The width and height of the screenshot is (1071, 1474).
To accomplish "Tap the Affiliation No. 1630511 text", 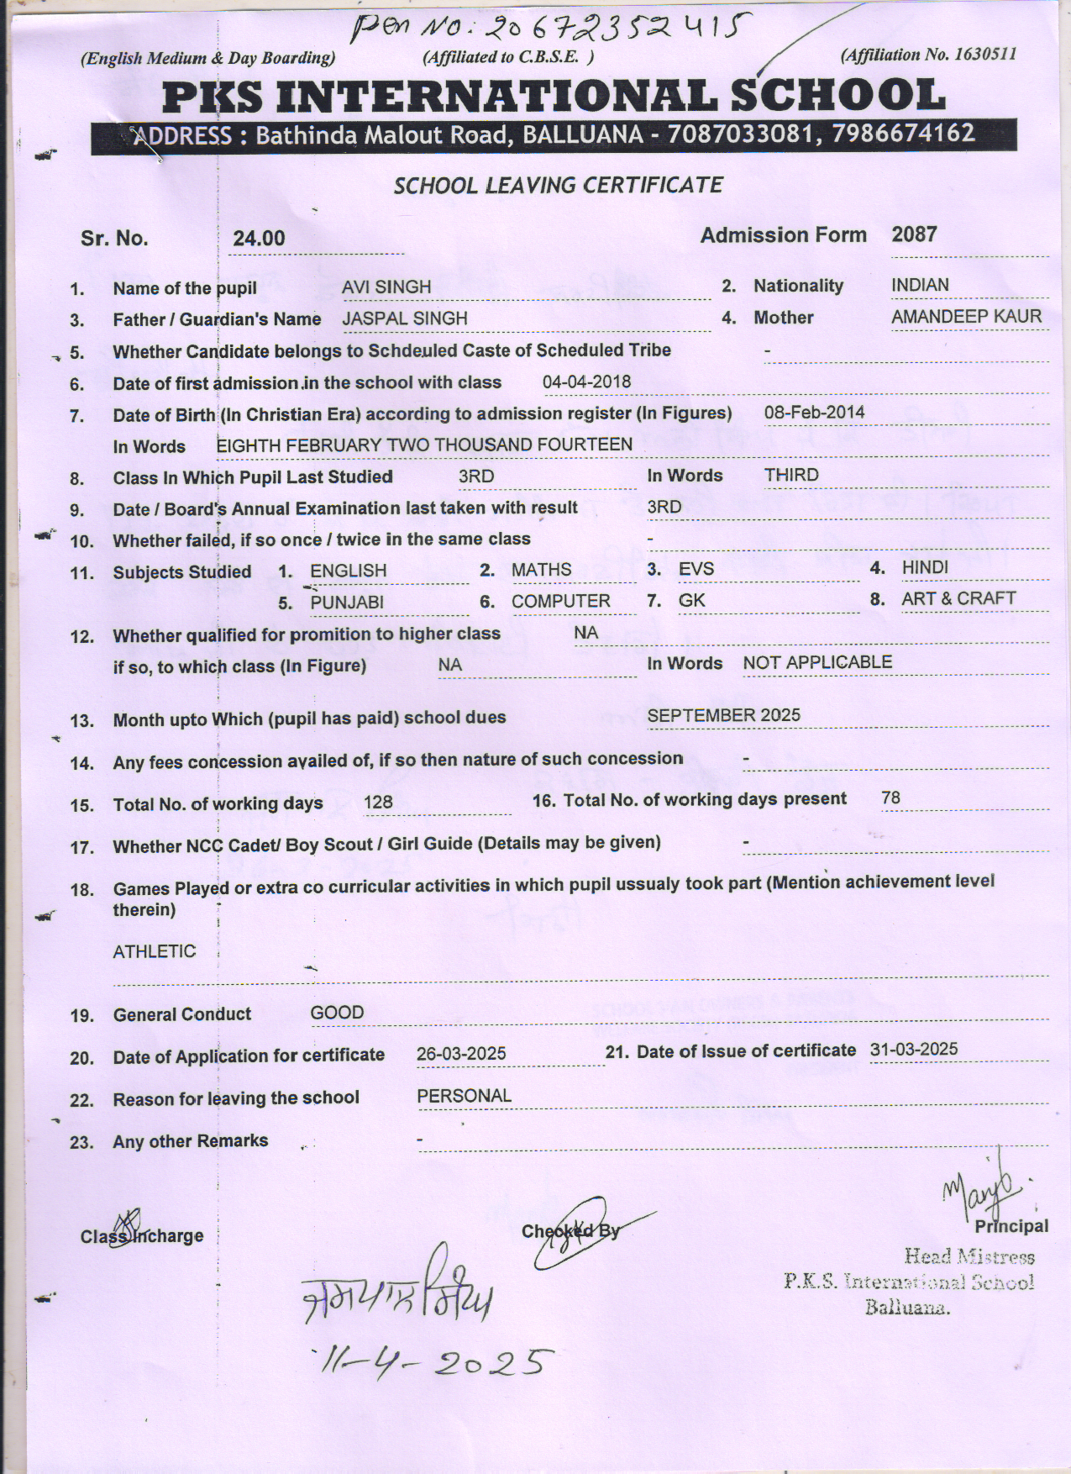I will coord(928,55).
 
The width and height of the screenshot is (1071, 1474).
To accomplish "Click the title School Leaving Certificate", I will coord(558,185).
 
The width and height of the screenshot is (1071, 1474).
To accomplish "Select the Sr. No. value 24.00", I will coord(259,239).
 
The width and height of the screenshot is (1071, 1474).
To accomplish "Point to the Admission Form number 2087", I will coord(914,234).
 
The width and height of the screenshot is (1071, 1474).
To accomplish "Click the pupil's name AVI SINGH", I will coord(386,287).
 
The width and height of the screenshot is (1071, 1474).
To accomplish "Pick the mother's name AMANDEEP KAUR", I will coord(966,317).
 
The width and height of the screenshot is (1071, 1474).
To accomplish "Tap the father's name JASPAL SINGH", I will coord(405,318).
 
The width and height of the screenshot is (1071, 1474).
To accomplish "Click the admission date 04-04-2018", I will coord(586,382).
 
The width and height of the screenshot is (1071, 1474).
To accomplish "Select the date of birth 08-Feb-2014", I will coord(814,413).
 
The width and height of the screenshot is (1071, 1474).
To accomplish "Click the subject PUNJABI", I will coord(347,603).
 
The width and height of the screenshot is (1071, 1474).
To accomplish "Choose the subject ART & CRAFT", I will coord(958,598).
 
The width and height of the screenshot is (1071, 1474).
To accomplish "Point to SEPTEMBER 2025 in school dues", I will coord(723,715).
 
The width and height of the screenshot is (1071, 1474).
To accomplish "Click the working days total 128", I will coord(378,803).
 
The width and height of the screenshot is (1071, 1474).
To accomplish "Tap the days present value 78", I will coord(890,798).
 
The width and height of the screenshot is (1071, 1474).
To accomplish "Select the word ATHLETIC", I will coord(155,951).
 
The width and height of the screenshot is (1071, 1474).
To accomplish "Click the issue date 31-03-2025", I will coord(914,1050).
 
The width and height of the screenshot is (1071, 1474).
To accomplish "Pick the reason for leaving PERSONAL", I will coord(464,1096).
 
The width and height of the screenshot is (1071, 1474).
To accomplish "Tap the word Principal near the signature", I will coord(1011,1226).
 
